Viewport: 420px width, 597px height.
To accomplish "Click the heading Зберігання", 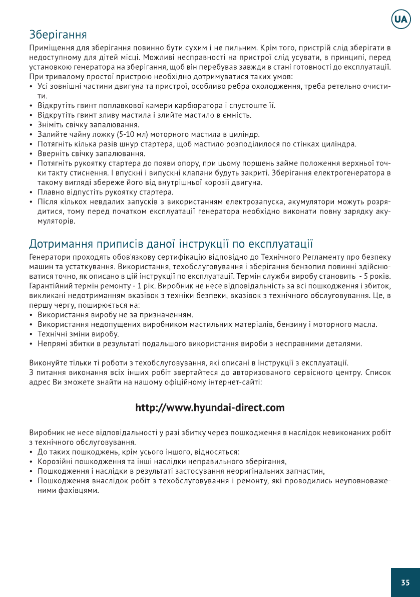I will pos(58,35).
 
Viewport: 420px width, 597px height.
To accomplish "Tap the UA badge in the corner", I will pos(400,20).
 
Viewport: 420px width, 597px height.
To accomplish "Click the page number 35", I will pos(405,582).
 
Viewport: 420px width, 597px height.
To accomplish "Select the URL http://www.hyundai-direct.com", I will pos(210,408).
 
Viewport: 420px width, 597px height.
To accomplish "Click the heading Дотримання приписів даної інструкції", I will pos(171,244).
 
